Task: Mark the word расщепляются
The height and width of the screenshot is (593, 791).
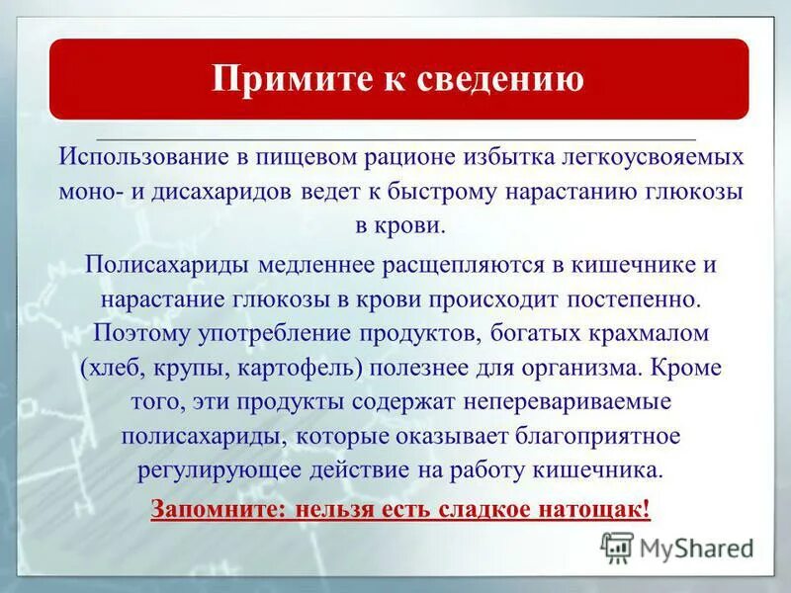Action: pyautogui.click(x=438, y=265)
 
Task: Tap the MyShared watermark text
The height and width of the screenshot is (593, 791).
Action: pyautogui.click(x=696, y=548)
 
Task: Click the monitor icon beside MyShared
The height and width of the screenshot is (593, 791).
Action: pyautogui.click(x=617, y=547)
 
